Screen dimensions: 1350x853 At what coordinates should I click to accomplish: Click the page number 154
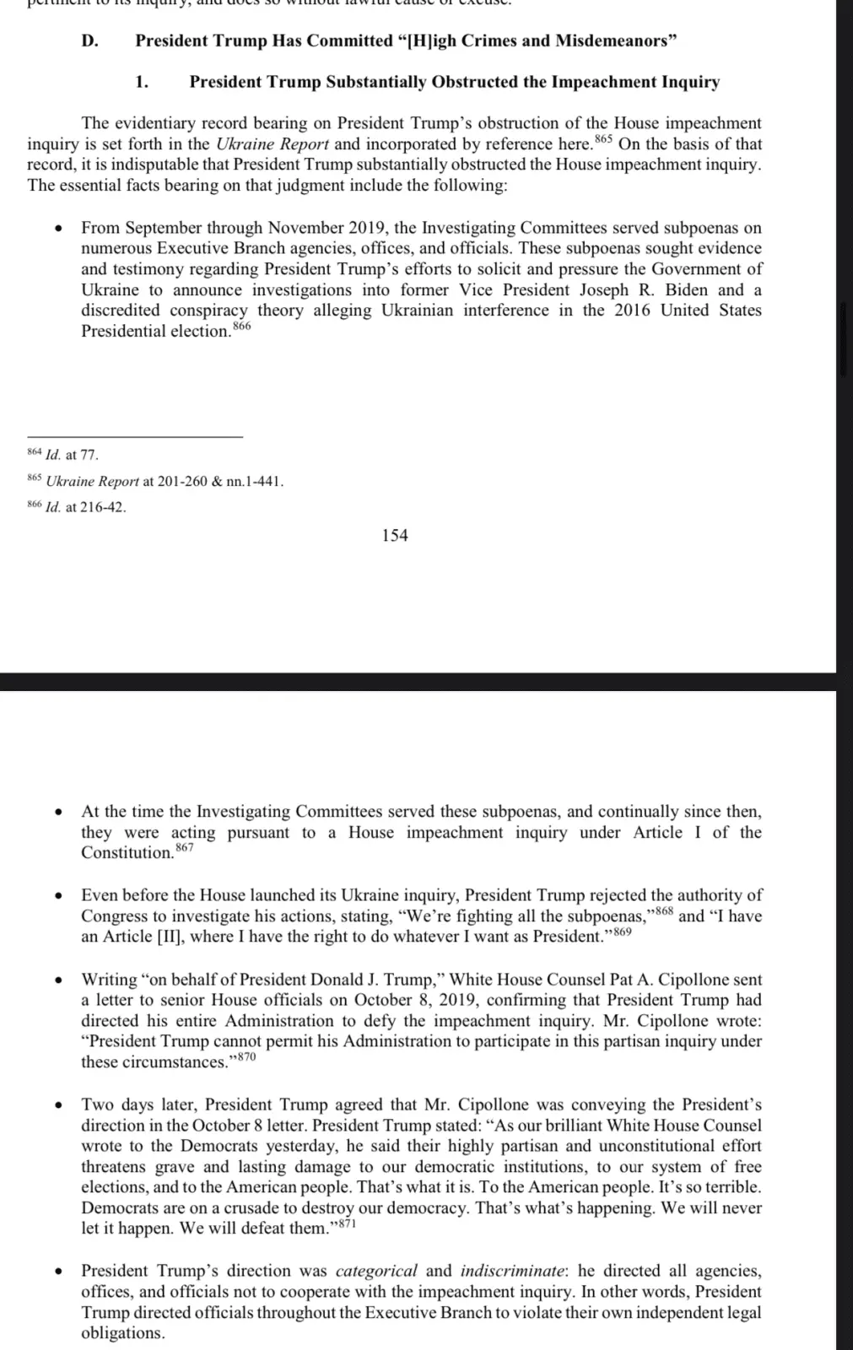pos(395,535)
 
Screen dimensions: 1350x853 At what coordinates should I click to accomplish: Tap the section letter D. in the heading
pos(90,40)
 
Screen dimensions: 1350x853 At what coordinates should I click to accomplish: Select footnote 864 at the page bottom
pos(35,452)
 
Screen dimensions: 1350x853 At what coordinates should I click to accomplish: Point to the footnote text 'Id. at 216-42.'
pos(85,507)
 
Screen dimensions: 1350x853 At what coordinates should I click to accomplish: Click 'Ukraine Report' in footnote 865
pos(92,481)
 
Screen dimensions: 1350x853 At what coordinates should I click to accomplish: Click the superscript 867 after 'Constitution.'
pos(184,847)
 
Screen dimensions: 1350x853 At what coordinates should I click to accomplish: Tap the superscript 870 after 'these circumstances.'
pos(245,1057)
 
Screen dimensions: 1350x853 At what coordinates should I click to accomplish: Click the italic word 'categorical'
pos(376,1271)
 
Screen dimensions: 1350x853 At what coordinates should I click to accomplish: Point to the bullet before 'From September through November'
pos(58,229)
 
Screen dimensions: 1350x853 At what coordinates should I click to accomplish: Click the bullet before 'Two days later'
pos(58,1105)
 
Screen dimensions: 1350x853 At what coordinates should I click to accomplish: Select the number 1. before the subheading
pos(142,82)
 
